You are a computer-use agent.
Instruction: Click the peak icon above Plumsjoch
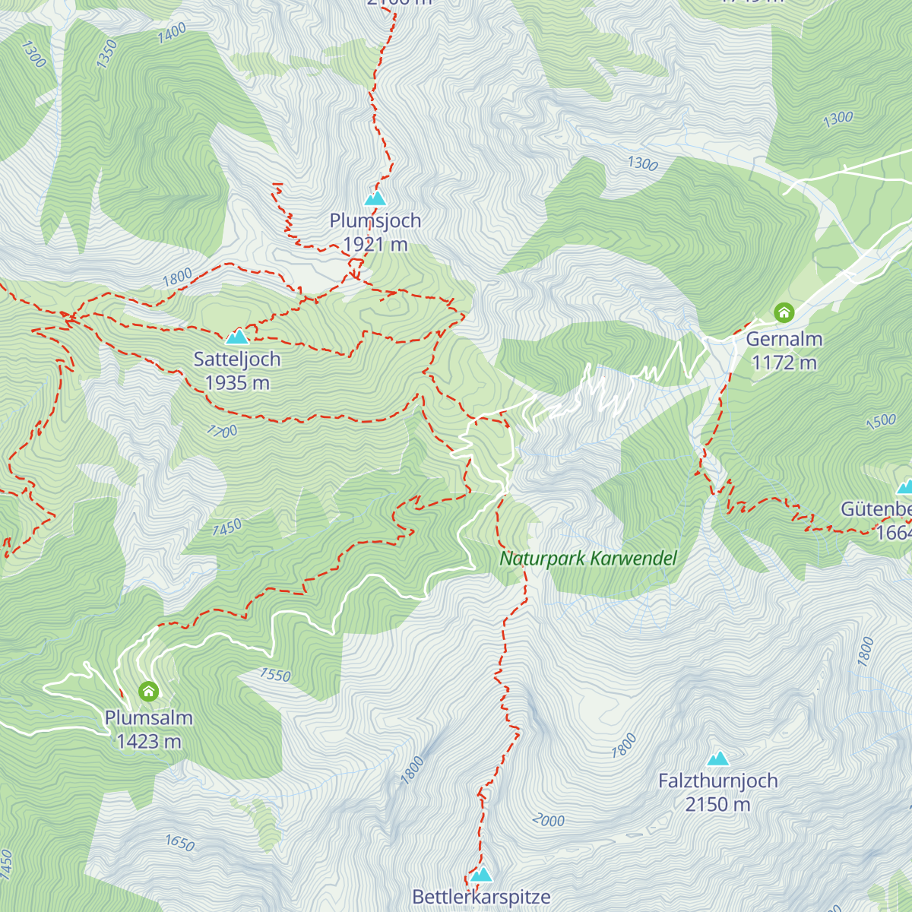click(375, 199)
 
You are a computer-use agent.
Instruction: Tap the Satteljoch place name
click(237, 359)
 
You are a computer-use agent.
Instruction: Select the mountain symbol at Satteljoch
click(237, 336)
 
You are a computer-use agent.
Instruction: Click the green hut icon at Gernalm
click(784, 312)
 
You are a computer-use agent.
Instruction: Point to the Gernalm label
click(784, 339)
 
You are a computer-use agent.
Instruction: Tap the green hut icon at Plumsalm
click(149, 691)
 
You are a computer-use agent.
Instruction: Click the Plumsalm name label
click(149, 717)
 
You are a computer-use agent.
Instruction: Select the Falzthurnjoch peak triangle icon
click(718, 758)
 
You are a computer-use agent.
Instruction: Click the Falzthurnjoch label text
click(718, 781)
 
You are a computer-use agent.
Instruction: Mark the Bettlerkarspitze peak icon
click(481, 875)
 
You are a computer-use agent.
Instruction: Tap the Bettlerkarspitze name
click(481, 897)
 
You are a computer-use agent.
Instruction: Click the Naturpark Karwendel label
click(588, 559)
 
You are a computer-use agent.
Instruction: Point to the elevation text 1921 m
click(375, 245)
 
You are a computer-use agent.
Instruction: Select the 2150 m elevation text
click(718, 804)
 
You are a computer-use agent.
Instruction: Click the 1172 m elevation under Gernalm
click(784, 363)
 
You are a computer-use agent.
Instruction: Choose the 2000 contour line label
click(548, 820)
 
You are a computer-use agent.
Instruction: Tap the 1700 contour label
click(222, 432)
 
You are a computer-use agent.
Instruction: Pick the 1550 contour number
click(275, 675)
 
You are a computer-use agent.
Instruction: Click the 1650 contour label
click(180, 843)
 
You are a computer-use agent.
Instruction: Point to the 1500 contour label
click(881, 422)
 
